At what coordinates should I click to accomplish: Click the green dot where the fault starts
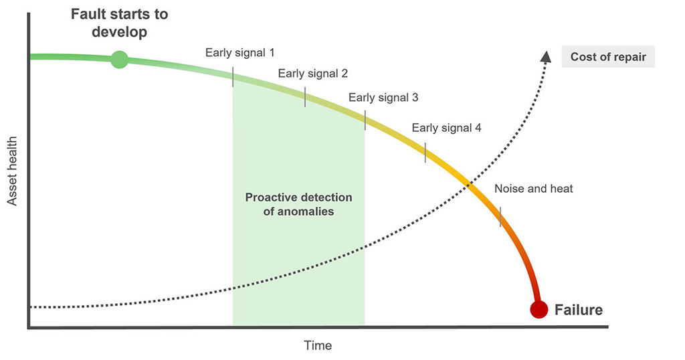coord(119,60)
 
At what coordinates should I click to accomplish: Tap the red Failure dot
coord(539,309)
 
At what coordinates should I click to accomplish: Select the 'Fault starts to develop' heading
coord(119,23)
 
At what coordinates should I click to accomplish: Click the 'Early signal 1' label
coord(240,53)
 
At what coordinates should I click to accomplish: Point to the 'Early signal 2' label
coord(313,74)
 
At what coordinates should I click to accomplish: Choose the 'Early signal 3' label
coord(383,98)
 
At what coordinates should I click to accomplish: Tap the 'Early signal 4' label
coord(446,128)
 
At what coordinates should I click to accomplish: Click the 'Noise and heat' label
coord(533,189)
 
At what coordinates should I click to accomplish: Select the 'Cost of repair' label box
coord(608,57)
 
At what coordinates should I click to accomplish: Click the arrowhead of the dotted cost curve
coord(546,57)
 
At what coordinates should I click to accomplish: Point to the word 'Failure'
coord(579,310)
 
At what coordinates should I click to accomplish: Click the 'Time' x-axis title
coord(318,345)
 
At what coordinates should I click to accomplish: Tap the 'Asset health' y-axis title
coord(12,171)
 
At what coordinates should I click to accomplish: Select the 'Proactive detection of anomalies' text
coord(299,205)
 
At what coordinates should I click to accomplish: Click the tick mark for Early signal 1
coord(233,77)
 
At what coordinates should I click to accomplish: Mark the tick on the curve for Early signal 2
coord(305,97)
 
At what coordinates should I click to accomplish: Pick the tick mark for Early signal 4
coord(425,153)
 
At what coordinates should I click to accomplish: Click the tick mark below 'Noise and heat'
coord(500,217)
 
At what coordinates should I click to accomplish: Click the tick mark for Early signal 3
coord(365,120)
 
